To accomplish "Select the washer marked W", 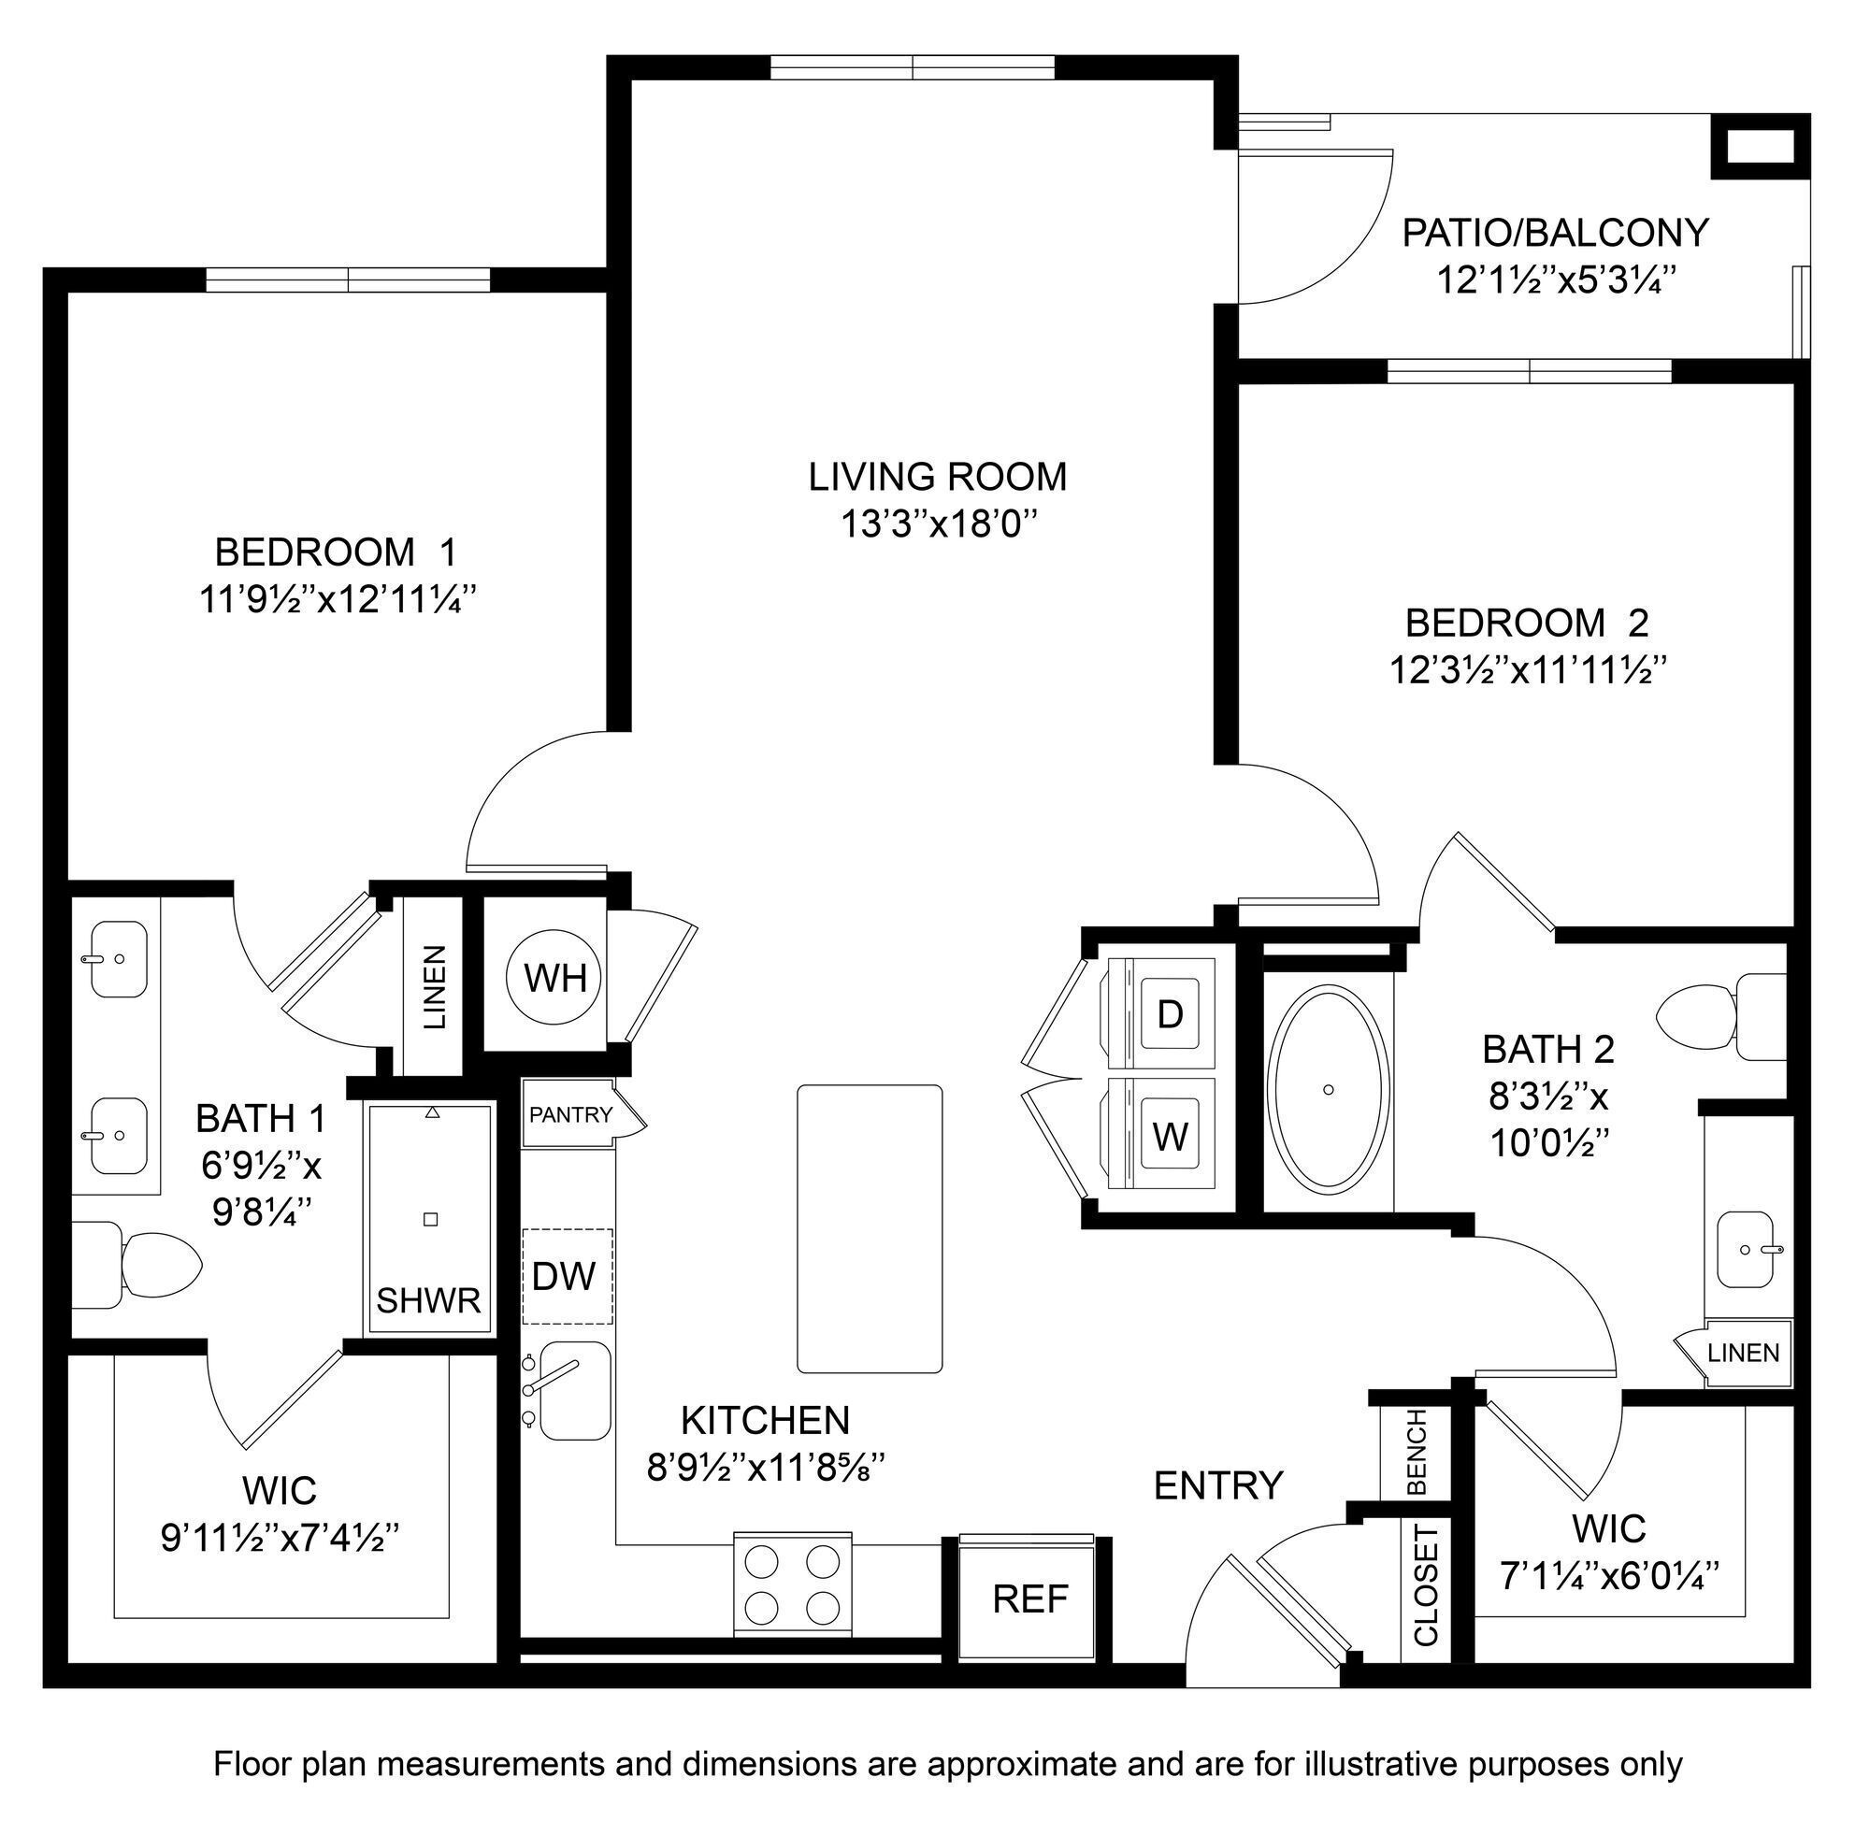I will (1170, 1136).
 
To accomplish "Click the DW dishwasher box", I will (567, 1276).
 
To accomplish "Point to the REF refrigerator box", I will (1029, 1599).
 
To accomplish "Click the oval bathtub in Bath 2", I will (1328, 1089).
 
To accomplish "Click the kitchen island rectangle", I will (869, 1229).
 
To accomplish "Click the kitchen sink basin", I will (576, 1391).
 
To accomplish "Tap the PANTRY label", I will (570, 1114).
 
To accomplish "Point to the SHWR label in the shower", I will (427, 1300).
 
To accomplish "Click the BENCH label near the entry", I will (1417, 1451).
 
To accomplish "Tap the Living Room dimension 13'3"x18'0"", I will (938, 524).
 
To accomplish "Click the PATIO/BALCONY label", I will (1555, 233).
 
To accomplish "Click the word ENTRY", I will (1217, 1485).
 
